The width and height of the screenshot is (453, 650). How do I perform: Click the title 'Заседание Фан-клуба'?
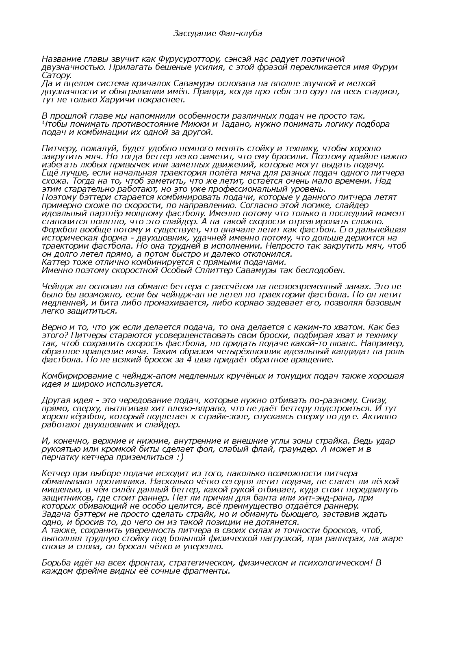(x=218, y=33)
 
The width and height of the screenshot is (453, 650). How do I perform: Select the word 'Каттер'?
(x=55, y=262)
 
